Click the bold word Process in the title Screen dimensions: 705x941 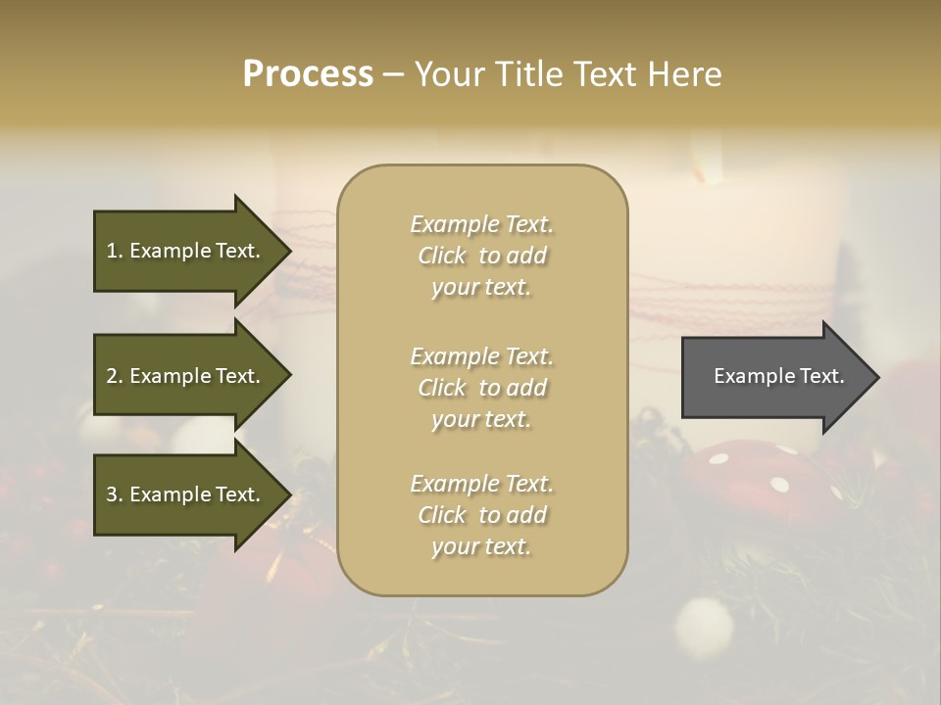(x=308, y=74)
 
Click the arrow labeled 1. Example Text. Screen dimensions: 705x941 (x=186, y=251)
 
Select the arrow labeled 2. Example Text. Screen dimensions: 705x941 (x=186, y=376)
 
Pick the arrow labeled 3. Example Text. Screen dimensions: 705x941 (x=186, y=494)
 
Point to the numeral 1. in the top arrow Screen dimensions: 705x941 (x=115, y=251)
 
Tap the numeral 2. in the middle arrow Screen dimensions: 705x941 (x=115, y=376)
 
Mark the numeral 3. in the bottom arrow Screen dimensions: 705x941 (x=115, y=494)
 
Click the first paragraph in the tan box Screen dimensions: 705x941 (x=481, y=256)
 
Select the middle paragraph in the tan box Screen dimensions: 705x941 (x=481, y=388)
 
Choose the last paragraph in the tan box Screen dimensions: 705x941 (x=481, y=515)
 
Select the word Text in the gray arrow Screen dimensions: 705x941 (x=822, y=376)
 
